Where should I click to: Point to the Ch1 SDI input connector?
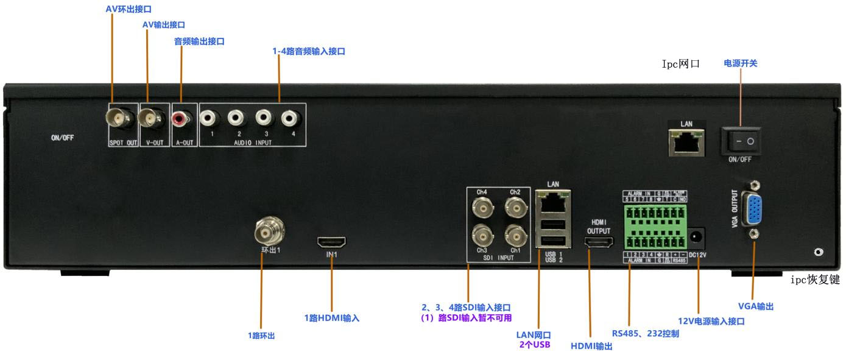pos(516,234)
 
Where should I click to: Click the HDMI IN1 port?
pos(331,242)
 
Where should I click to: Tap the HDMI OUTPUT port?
pos(598,244)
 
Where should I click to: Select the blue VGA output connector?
pos(753,209)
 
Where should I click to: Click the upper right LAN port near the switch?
pos(686,144)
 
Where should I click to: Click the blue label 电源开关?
pos(740,63)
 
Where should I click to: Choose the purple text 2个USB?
pos(535,345)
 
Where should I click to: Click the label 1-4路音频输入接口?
pos(309,52)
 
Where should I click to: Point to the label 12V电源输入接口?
pos(711,321)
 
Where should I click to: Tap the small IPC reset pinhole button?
pos(819,252)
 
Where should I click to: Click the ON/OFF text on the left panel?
pos(62,138)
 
